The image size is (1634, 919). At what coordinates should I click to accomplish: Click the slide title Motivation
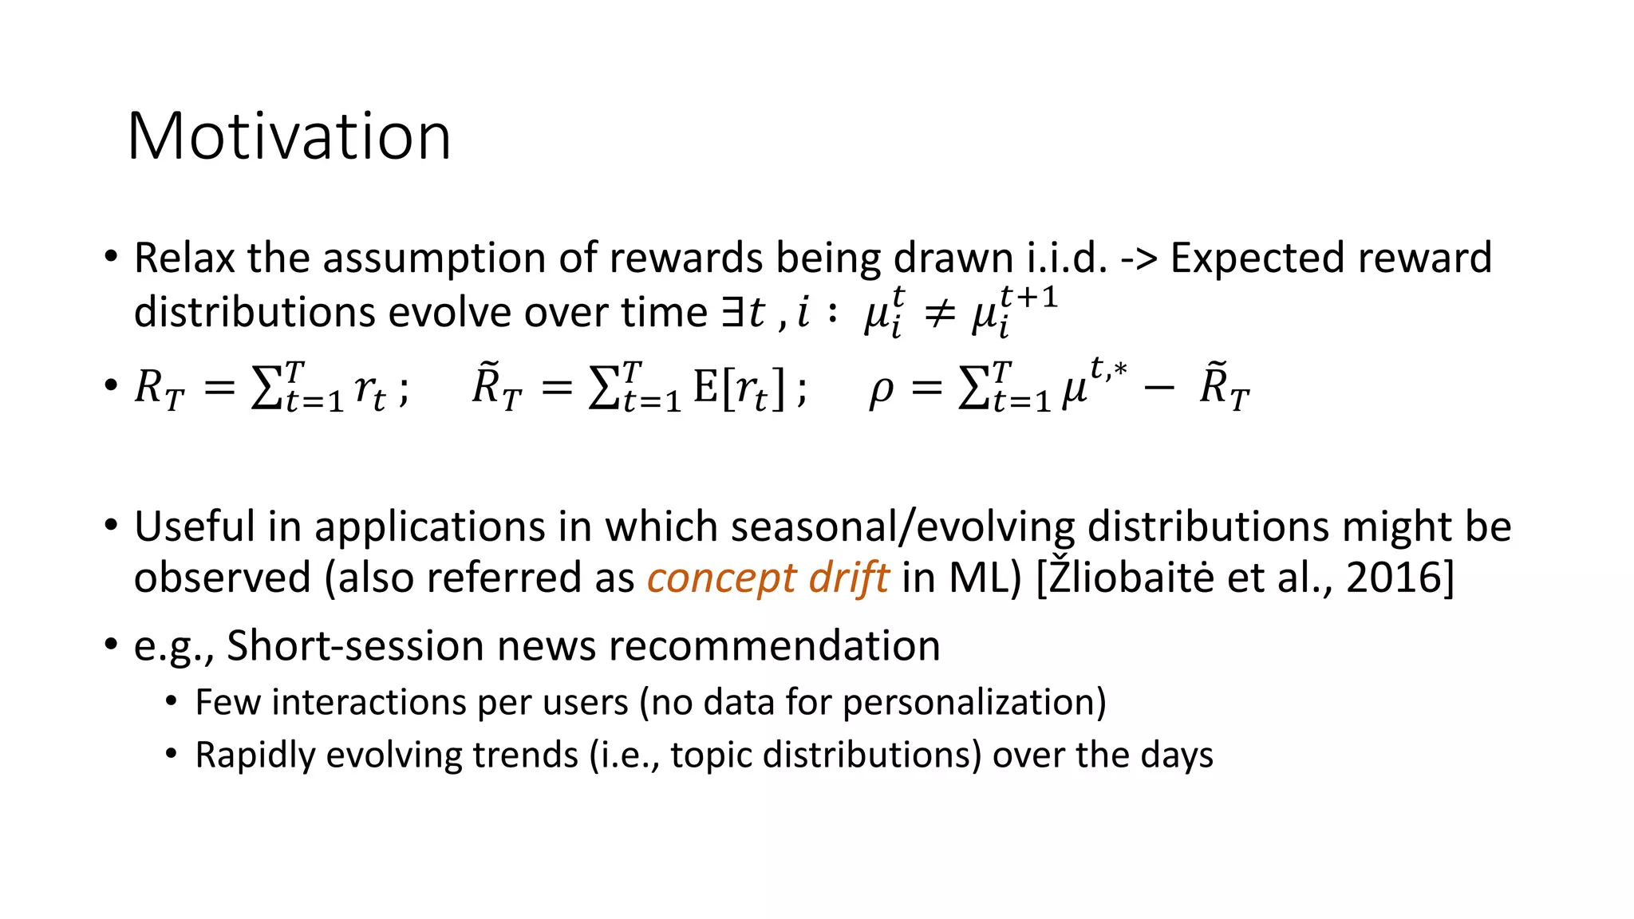click(x=289, y=136)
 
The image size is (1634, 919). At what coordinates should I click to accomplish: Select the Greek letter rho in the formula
click(x=880, y=390)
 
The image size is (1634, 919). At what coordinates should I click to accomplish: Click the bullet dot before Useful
click(x=111, y=526)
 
